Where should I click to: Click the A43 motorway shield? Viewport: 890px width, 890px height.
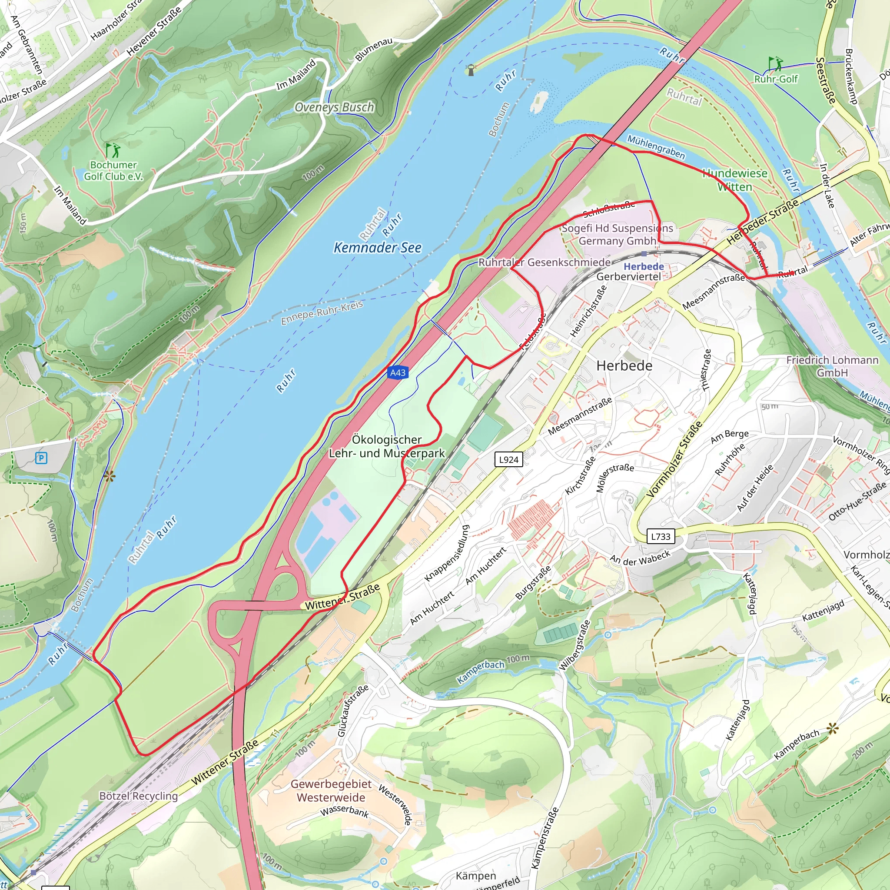click(398, 373)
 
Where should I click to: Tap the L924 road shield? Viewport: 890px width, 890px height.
click(508, 459)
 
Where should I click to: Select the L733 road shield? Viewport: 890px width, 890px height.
click(660, 536)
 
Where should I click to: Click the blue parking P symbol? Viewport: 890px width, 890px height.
click(41, 458)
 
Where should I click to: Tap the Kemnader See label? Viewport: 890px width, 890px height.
click(377, 248)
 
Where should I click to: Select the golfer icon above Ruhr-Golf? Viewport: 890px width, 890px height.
click(775, 63)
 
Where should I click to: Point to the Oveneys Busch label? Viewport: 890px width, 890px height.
click(334, 107)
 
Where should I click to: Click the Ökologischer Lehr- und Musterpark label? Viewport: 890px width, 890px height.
click(386, 446)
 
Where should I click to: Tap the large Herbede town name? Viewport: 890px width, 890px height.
click(624, 366)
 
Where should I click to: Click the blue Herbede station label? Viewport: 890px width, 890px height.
click(644, 266)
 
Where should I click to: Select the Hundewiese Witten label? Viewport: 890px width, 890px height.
click(734, 180)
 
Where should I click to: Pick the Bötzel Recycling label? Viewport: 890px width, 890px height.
click(138, 796)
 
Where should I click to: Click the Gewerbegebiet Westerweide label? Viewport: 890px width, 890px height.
click(331, 790)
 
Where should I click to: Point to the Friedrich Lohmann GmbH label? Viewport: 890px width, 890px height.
click(832, 366)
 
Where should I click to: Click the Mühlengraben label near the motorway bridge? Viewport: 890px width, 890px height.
click(656, 147)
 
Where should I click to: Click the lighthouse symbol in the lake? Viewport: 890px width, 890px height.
click(471, 70)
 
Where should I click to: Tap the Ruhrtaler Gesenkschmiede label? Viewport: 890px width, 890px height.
click(545, 262)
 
